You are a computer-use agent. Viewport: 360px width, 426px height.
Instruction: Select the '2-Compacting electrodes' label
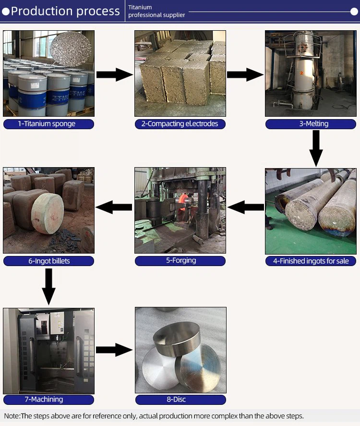click(x=180, y=124)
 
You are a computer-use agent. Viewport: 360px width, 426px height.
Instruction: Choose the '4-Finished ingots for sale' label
click(x=311, y=261)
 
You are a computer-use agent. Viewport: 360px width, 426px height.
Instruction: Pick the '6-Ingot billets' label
click(x=49, y=261)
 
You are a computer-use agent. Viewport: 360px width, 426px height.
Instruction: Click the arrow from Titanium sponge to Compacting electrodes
click(x=115, y=74)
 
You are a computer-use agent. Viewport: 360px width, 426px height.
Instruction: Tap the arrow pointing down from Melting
click(x=316, y=148)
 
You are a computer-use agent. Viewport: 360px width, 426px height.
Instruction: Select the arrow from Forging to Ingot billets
click(x=114, y=207)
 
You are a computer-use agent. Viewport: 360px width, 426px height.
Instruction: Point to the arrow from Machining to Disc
click(x=114, y=350)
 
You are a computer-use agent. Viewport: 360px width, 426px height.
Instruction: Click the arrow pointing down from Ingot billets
click(x=49, y=287)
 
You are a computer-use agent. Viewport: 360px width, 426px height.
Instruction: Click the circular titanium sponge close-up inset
click(x=71, y=49)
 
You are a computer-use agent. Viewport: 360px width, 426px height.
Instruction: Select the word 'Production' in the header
click(x=42, y=11)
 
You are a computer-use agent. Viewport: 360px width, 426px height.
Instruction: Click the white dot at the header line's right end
click(x=354, y=12)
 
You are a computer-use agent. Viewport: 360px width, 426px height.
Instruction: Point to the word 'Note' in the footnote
click(x=12, y=416)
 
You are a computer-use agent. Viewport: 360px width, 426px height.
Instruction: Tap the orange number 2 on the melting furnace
click(x=301, y=73)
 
